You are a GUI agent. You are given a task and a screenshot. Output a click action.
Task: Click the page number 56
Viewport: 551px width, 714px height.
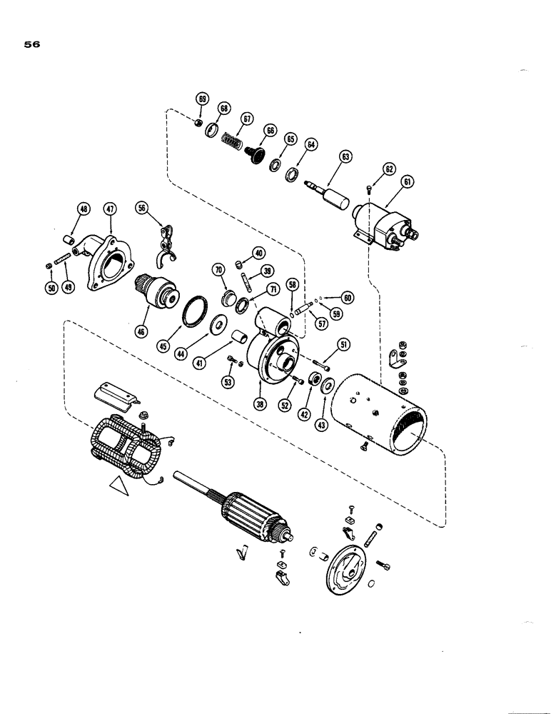click(x=31, y=44)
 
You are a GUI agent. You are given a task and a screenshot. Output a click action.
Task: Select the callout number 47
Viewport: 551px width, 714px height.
click(x=110, y=209)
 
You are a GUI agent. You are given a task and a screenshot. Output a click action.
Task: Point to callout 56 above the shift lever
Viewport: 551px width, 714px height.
click(x=143, y=208)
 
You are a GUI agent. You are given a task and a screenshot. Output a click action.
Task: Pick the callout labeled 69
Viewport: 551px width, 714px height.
click(x=202, y=99)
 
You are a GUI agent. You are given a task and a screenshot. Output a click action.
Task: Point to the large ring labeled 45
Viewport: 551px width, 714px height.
click(x=193, y=312)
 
